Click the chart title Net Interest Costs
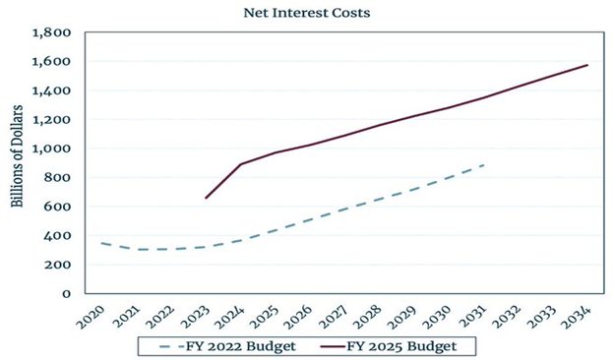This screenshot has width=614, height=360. tap(307, 13)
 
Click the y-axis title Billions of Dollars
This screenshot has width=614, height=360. tap(17, 156)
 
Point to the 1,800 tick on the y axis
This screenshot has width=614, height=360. tap(52, 32)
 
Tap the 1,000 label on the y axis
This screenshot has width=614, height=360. tap(52, 149)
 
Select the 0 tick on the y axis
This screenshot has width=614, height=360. tap(67, 293)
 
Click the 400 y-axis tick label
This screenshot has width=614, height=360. tap(57, 235)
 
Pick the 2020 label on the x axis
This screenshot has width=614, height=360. tap(91, 317)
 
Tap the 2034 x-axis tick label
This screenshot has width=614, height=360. tap(576, 317)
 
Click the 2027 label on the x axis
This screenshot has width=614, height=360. tap(334, 317)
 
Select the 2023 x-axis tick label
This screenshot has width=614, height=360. tap(195, 317)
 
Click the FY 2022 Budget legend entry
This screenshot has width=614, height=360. tap(228, 346)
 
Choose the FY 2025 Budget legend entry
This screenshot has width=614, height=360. tap(389, 346)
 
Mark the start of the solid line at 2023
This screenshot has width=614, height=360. tap(206, 198)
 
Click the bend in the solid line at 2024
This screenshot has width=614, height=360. tap(240, 164)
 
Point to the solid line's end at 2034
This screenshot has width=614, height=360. tap(587, 65)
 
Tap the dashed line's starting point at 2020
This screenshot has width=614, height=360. tap(101, 243)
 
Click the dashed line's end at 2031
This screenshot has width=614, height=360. tap(484, 165)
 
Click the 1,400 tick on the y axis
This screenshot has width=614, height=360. tap(52, 90)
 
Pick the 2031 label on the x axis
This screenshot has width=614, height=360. tap(472, 317)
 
